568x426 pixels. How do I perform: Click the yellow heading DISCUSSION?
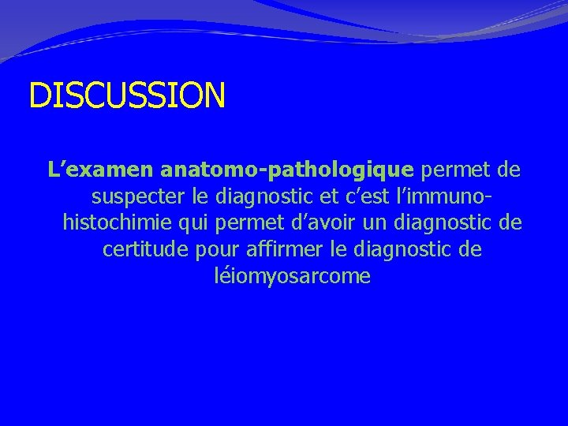coord(127,95)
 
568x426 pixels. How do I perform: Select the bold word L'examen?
coord(100,170)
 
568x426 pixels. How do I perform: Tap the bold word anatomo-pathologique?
coord(286,170)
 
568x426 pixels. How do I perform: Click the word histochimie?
coord(118,223)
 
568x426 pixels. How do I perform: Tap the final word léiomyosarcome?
coord(292,277)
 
